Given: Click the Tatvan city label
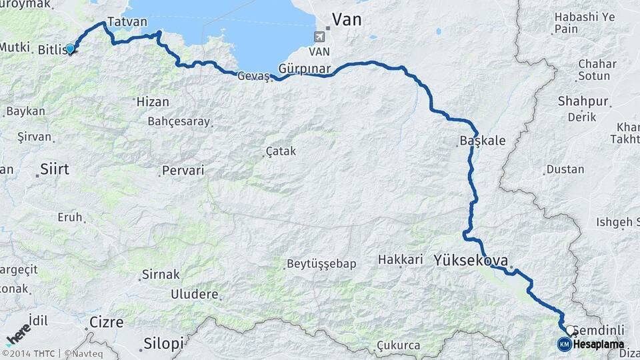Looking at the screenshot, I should (127, 22).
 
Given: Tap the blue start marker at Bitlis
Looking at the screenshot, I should (70, 49).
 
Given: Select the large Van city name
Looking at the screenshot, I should (347, 19).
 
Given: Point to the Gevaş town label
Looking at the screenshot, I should (253, 77).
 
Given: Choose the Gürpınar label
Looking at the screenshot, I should (305, 69).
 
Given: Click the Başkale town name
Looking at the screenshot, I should (483, 141).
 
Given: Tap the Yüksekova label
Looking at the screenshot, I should (471, 260).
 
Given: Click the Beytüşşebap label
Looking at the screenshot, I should (321, 264).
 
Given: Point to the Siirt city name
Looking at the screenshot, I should (55, 169).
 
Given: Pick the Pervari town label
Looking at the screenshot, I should (183, 171).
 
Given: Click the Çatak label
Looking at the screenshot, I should (281, 152).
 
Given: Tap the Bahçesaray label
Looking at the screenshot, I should (179, 122).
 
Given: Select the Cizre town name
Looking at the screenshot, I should (107, 323).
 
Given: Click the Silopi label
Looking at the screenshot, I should (163, 344).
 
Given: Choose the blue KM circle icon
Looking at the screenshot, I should (565, 344).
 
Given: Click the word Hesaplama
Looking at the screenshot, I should (599, 345).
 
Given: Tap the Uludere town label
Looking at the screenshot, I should (195, 294).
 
